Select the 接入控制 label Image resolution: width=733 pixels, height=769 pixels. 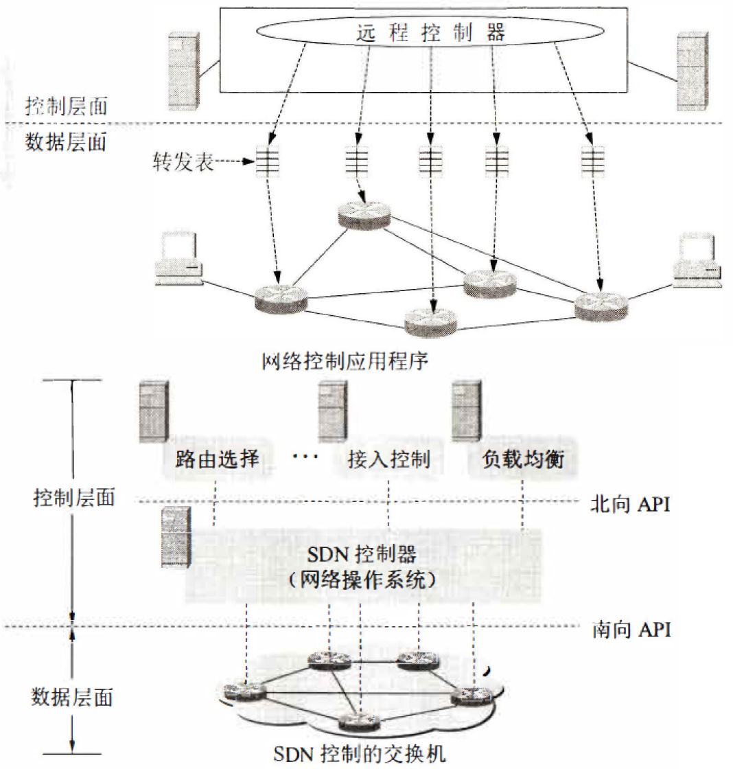pos(389,459)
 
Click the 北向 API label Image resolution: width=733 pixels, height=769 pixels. pos(630,504)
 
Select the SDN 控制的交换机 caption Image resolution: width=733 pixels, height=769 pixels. pos(360,755)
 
